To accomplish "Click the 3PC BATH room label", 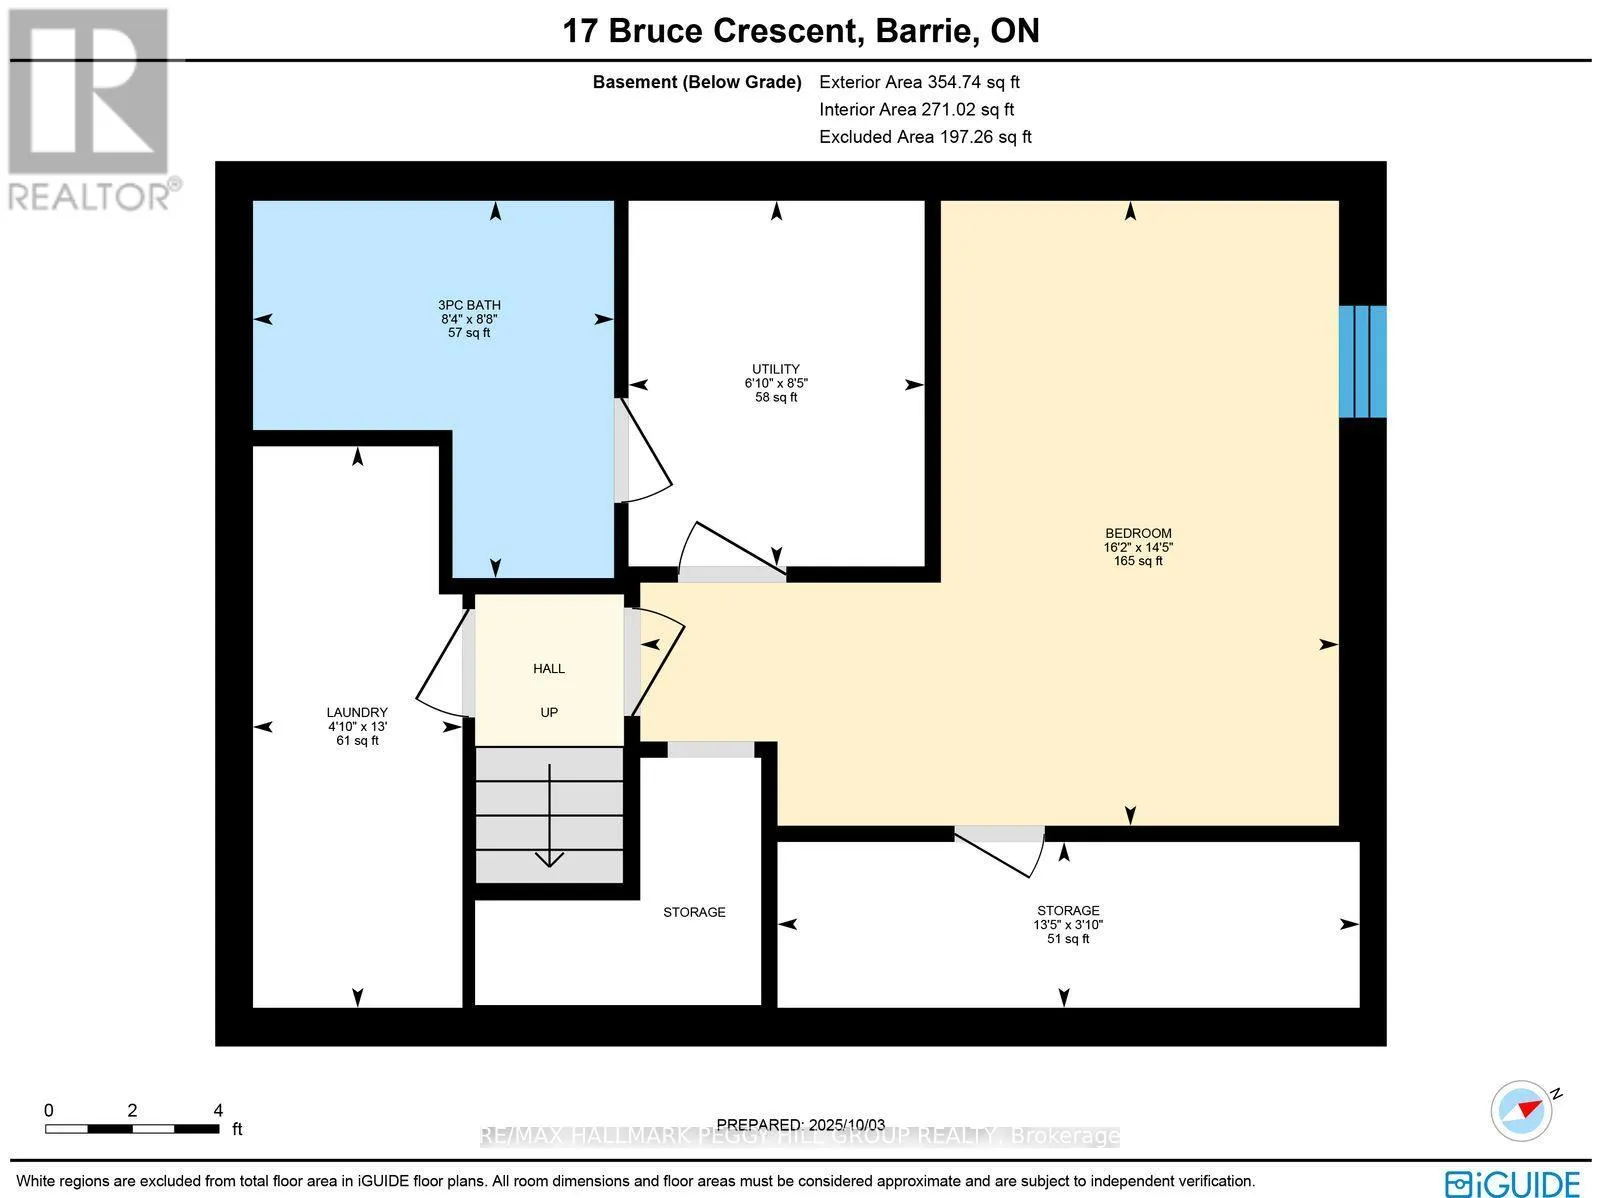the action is (x=469, y=305).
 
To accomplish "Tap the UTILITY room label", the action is (x=776, y=369).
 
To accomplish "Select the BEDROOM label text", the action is (x=1138, y=533).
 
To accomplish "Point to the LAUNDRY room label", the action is (x=357, y=713).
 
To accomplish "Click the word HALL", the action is (x=549, y=669).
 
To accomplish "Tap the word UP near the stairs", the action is (x=549, y=713).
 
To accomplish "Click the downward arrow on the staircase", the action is (x=549, y=816).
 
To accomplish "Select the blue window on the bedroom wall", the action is (x=1362, y=361).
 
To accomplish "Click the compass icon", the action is (x=1521, y=1111).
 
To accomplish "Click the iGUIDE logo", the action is (x=1513, y=1183).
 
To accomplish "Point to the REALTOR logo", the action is (x=91, y=109).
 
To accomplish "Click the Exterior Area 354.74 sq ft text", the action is (x=919, y=82).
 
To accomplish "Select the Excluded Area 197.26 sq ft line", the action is (x=925, y=137).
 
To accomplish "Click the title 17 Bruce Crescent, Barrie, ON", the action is (x=800, y=31).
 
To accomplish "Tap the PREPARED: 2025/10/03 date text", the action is (x=800, y=1125).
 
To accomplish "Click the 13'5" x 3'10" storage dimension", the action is (x=1068, y=925).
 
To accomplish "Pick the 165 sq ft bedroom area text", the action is (x=1138, y=561).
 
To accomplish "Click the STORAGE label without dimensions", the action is (x=694, y=912).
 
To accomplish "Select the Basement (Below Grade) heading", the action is (x=697, y=82).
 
